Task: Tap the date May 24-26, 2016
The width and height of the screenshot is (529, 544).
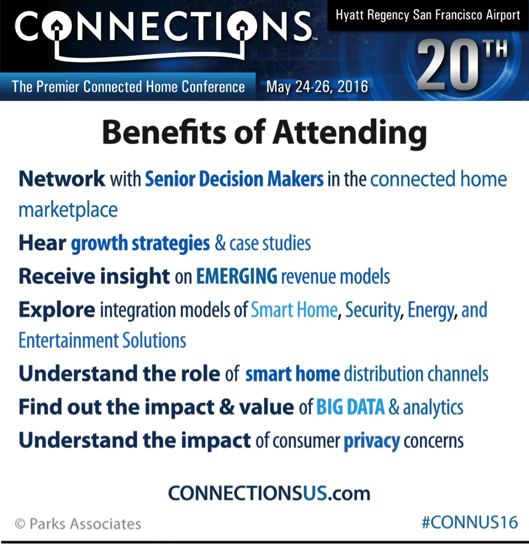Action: coord(317,87)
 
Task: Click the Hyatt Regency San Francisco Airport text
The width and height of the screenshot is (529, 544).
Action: coord(428,15)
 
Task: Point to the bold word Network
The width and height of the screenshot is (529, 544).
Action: coord(62,178)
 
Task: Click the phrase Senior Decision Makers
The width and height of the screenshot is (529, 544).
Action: coord(234,179)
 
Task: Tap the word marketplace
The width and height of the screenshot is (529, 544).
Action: coord(68,210)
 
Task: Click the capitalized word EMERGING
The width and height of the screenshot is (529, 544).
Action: coord(237,276)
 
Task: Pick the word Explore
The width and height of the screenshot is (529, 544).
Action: coord(57,310)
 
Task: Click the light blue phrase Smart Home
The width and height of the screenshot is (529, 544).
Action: coord(294,310)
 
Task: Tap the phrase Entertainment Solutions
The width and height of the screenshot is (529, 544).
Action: coord(102,340)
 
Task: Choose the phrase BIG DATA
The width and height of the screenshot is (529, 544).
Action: coord(350,407)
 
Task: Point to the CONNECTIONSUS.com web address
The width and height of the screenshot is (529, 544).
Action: coord(269,493)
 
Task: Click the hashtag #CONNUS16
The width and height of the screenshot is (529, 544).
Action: coord(470,522)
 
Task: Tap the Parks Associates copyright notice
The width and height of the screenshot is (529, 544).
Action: coord(78,523)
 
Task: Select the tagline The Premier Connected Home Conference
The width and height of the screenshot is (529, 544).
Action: coord(128,87)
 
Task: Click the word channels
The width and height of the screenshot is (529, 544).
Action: coord(458,374)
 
